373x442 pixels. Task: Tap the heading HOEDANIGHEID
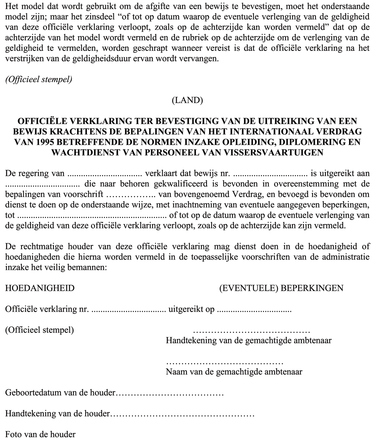point(40,288)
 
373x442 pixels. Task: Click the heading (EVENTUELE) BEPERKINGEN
point(281,288)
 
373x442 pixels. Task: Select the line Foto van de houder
point(41,434)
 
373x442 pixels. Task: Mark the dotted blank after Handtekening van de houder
point(182,414)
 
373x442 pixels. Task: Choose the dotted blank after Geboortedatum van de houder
point(169,393)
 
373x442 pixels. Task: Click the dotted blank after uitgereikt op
point(254,311)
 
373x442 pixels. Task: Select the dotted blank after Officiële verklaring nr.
point(128,311)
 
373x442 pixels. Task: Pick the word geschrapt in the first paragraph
point(187,49)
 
